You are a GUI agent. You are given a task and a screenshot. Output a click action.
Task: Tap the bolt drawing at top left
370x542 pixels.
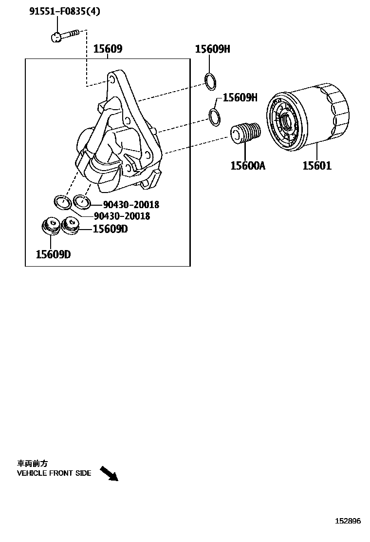64,35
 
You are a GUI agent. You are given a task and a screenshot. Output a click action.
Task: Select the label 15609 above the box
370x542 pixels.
108,49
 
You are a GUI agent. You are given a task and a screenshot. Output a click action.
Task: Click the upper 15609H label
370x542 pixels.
212,49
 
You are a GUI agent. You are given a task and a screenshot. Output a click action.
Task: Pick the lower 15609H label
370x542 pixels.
240,97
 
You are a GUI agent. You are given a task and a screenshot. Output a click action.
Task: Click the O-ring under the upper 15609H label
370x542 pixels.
210,81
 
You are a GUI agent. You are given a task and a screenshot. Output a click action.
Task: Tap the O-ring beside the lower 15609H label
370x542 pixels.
214,116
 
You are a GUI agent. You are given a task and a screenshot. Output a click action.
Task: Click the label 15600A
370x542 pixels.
248,166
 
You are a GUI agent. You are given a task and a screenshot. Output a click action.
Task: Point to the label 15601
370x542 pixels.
317,166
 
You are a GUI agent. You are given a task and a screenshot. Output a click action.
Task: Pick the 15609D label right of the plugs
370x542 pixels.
110,229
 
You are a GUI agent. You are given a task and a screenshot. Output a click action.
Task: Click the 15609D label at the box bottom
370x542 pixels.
53,254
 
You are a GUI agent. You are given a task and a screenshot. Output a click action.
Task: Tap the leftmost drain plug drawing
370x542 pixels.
50,226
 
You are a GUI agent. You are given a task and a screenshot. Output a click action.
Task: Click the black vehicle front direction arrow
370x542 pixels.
109,473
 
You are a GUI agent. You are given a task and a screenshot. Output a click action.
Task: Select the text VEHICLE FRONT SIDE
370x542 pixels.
54,473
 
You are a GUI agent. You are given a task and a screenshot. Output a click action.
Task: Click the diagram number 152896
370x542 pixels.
348,521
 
